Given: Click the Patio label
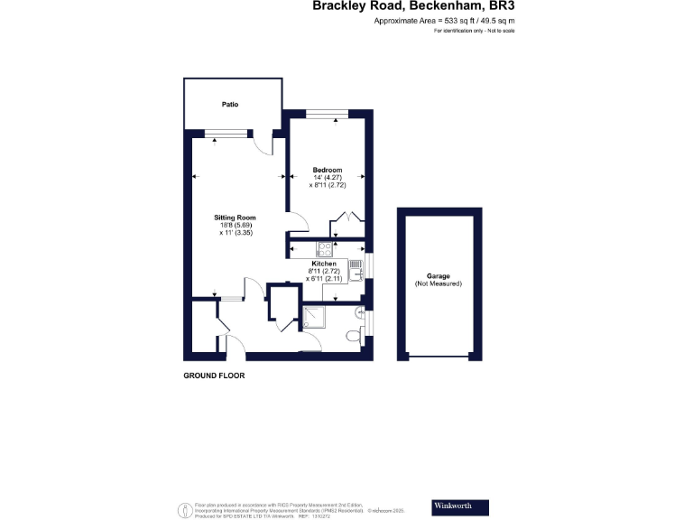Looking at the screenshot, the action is (230, 105).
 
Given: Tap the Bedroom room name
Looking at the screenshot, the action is (327, 170).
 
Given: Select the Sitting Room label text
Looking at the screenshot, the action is (235, 218).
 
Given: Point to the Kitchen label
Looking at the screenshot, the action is (324, 264).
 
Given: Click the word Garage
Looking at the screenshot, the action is (438, 276).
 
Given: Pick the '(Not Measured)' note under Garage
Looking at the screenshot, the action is (438, 284).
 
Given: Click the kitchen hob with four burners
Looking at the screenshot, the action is (324, 249).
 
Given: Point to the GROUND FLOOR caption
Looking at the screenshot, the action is (214, 375).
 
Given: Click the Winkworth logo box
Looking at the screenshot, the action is (460, 506).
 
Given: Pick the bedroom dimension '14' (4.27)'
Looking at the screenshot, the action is (328, 178).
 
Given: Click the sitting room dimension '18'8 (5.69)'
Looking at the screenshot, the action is (235, 226).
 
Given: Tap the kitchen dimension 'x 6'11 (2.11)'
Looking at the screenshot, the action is (325, 279).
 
